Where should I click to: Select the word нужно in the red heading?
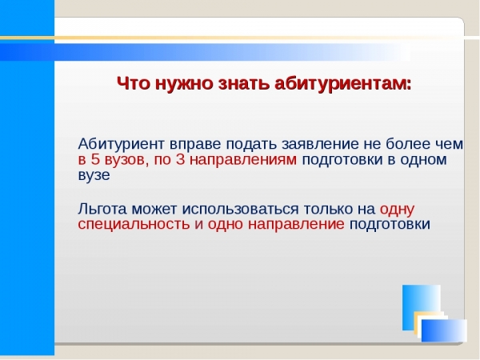184,84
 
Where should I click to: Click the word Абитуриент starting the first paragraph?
122,144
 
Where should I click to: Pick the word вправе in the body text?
195,146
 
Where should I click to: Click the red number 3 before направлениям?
180,160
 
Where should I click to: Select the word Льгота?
102,209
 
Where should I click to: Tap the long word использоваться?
240,210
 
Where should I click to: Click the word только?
327,210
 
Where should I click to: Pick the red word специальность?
134,225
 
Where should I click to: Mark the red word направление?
296,225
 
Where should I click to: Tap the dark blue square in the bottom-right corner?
444,330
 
